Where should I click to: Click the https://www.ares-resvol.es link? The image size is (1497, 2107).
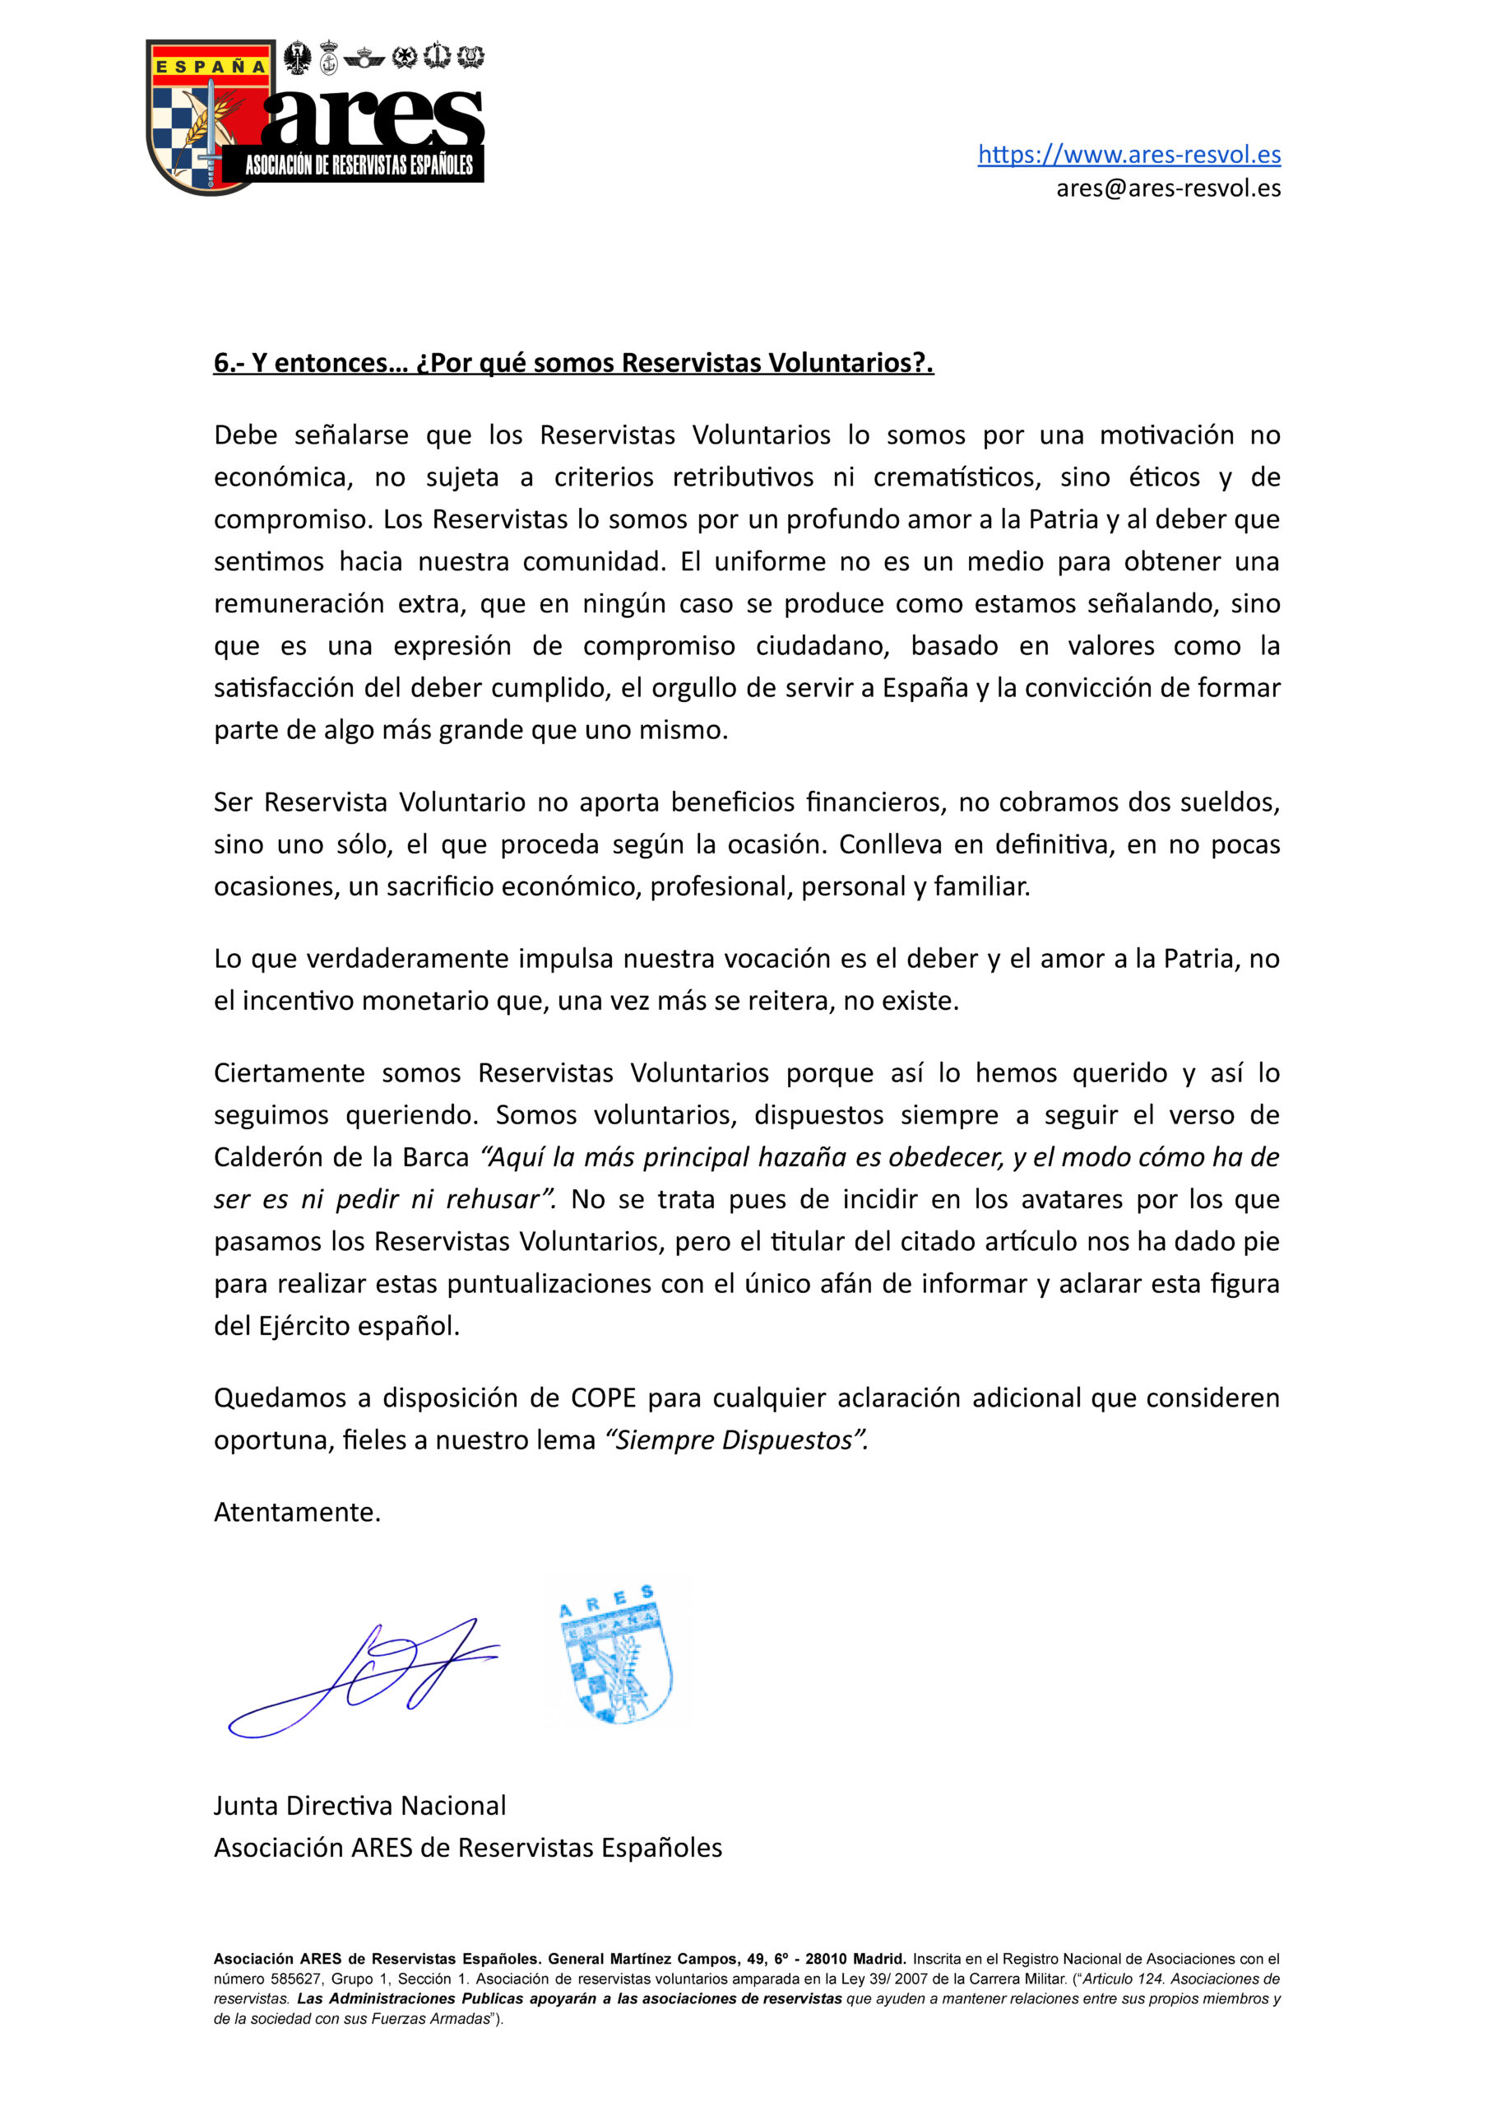click(1129, 154)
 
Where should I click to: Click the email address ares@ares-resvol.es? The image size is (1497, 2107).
click(1168, 188)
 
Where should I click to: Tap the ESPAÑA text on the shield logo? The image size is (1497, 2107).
click(211, 67)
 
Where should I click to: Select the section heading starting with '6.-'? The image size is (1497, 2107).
click(573, 362)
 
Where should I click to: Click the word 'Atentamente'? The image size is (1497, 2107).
click(296, 1511)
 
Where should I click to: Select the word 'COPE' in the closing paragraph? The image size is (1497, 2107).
click(603, 1398)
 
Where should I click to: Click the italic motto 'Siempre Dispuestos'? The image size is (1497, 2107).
click(735, 1440)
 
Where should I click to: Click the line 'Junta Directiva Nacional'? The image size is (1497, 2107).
click(359, 1806)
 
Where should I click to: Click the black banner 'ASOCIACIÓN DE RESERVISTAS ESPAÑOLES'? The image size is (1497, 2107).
click(359, 166)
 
